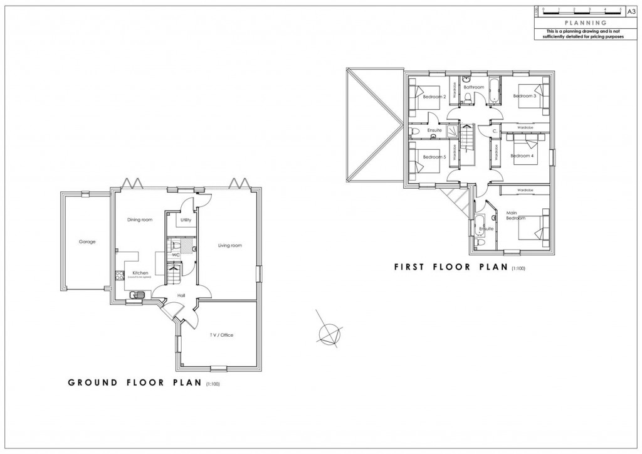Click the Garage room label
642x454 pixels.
[87, 241]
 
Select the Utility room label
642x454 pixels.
[186, 220]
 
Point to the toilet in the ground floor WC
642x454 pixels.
[176, 245]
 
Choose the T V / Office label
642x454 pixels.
[221, 335]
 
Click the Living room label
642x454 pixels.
[229, 245]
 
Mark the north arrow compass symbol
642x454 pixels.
[328, 332]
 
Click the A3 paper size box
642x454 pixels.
[631, 11]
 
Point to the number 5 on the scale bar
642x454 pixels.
[620, 9]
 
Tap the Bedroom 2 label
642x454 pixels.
[434, 97]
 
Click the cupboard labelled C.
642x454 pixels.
[495, 131]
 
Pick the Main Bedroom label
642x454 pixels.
[515, 216]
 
